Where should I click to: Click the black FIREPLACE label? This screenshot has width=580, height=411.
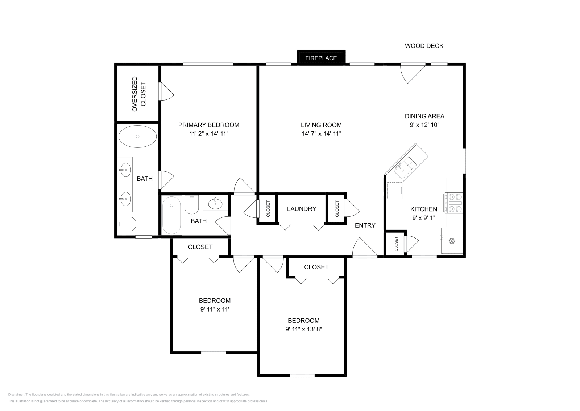[x=321, y=58]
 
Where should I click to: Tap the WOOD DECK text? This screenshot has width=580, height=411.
[x=424, y=46]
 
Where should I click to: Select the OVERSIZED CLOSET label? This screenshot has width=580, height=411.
[x=139, y=94]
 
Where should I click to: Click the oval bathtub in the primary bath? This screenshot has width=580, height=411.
[x=137, y=137]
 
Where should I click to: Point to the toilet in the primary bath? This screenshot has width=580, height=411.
[x=127, y=224]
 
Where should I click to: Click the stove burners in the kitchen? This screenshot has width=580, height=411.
[x=453, y=203]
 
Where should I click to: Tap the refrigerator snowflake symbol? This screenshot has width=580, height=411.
[x=452, y=241]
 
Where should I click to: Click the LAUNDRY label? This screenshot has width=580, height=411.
[x=301, y=209]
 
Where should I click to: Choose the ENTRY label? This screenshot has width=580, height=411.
[x=365, y=225]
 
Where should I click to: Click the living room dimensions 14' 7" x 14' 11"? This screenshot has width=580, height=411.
[x=321, y=134]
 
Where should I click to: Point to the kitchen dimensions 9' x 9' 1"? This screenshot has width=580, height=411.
[x=424, y=218]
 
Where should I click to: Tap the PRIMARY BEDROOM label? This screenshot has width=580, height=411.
[x=209, y=125]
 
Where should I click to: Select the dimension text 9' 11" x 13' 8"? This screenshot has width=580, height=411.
[x=304, y=329]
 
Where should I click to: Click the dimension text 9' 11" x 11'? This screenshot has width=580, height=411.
[x=215, y=309]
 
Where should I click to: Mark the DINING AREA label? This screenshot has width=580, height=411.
[x=424, y=116]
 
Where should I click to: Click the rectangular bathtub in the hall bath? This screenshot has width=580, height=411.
[x=171, y=215]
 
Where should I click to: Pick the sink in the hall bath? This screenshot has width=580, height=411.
[x=215, y=203]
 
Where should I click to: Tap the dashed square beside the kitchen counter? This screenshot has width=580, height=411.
[x=394, y=190]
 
